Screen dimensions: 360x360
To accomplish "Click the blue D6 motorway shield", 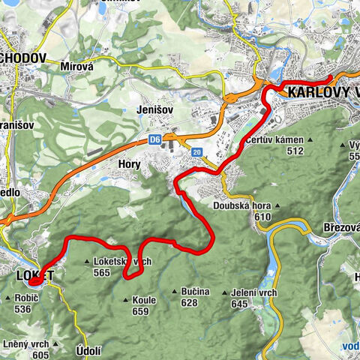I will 154,139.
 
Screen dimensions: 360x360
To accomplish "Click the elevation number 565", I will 123,273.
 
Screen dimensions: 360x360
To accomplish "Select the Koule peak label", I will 143,300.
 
